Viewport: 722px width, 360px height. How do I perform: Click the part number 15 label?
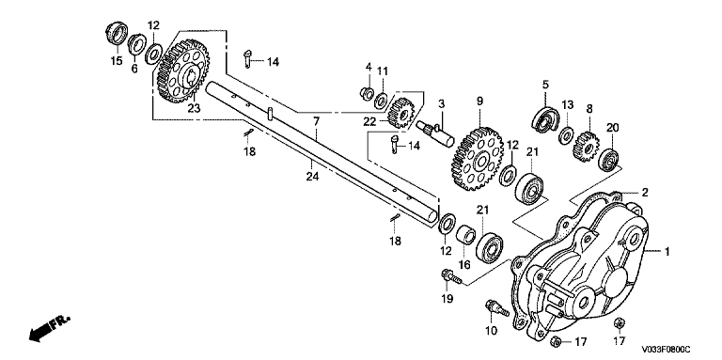117,61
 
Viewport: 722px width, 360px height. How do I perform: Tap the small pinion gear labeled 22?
401,113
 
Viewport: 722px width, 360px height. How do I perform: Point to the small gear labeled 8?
586,147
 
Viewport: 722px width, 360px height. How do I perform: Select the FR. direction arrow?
50,327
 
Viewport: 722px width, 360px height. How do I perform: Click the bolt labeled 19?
451,276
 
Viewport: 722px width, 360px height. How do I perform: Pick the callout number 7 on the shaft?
316,122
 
